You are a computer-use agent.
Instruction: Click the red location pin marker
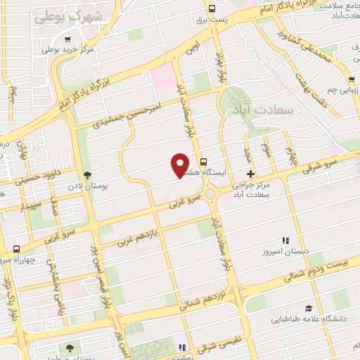(179, 166)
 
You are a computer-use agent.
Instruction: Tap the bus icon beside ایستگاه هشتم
(203, 160)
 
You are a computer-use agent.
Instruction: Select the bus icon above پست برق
(212, 8)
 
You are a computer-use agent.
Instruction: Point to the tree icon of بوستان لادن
(87, 175)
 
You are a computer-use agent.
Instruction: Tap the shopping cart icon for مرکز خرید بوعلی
(67, 39)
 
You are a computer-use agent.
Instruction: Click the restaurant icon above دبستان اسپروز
(285, 240)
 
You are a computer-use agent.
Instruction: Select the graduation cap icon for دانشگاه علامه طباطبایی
(309, 308)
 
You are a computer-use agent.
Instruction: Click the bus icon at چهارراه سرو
(16, 248)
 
